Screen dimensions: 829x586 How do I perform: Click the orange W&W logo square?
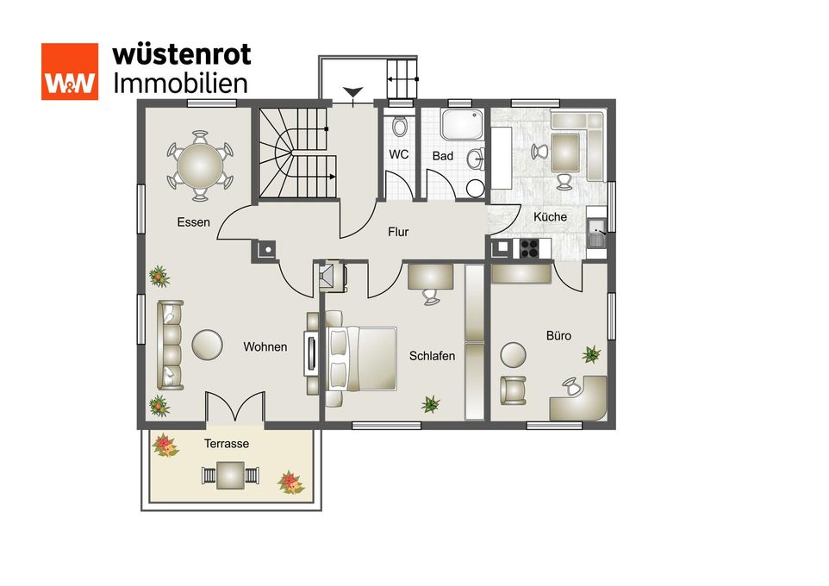pos(70,72)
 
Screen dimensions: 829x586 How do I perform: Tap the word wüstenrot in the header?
pos(181,54)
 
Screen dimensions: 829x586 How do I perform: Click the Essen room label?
pos(194,222)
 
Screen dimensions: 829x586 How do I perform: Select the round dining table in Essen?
pos(201,166)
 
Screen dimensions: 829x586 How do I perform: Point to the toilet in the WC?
pos(400,126)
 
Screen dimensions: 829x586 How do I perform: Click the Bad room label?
pos(443,156)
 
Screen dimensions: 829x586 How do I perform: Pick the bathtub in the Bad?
pos(463,125)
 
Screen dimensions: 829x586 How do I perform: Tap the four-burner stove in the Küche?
pos(529,248)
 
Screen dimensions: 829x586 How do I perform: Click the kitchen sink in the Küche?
pos(597,234)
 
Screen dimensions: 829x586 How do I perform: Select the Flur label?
pos(398,232)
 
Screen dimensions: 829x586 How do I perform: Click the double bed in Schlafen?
pos(360,358)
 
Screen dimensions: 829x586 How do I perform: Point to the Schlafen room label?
pos(432,356)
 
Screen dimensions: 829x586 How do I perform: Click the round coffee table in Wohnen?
pos(207,345)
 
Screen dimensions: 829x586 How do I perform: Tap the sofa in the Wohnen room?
pos(170,345)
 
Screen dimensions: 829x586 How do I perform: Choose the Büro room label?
pos(558,336)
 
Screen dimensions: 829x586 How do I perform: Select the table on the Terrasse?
pos(230,476)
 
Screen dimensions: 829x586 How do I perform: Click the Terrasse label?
pos(227,444)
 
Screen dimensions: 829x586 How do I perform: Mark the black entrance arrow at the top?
pos(352,91)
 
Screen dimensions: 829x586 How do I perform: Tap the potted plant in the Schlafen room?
pos(430,404)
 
